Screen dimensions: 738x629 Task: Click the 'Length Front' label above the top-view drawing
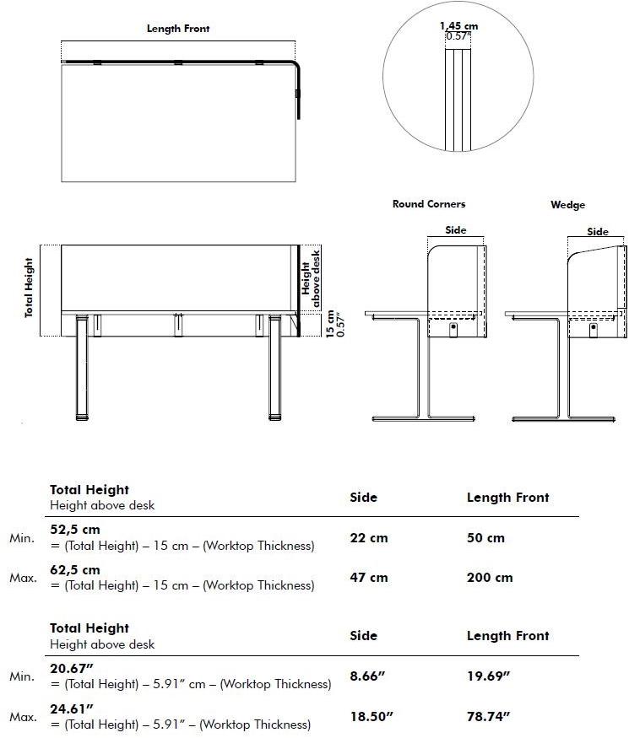[x=178, y=29]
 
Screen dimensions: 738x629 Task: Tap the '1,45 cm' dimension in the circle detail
[x=458, y=26]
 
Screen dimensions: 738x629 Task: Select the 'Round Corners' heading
[x=429, y=204]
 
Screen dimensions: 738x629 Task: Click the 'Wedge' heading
[x=567, y=205]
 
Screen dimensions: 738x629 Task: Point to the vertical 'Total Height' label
[x=30, y=288]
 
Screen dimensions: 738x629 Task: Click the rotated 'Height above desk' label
[x=312, y=272]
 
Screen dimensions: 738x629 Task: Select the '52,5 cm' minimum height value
[x=75, y=531]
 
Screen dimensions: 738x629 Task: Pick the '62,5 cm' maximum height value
[x=75, y=570]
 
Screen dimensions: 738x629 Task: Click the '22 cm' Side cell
[x=369, y=538]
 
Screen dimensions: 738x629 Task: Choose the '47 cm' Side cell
[x=369, y=578]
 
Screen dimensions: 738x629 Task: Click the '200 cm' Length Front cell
[x=490, y=578]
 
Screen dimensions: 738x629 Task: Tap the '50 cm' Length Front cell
[x=485, y=538]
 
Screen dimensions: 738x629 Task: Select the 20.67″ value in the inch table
[x=71, y=669]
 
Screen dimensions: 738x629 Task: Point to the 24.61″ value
[x=71, y=708]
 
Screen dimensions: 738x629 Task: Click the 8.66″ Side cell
[x=368, y=676]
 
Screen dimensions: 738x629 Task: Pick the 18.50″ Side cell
[x=371, y=716]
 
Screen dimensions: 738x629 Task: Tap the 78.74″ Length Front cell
[x=489, y=716]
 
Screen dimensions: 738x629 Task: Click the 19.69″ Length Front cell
[x=489, y=676]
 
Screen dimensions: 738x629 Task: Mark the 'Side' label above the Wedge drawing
[x=598, y=232]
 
